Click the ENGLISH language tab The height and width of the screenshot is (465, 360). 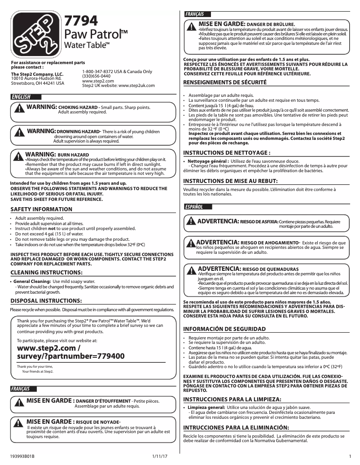[x=22, y=97]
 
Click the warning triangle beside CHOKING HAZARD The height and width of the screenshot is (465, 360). [x=20, y=109]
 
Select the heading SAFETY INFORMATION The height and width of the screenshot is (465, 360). [x=41, y=209]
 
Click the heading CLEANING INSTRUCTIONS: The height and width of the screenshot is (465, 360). [x=45, y=272]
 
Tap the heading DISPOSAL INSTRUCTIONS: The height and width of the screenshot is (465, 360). [x=46, y=300]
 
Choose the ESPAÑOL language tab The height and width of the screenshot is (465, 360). [x=194, y=207]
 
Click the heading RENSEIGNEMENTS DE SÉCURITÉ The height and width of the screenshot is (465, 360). [x=225, y=83]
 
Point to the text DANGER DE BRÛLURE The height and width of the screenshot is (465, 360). [x=271, y=24]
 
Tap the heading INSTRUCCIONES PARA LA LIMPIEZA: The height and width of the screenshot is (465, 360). [x=232, y=399]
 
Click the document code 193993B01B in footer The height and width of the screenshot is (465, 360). [x=22, y=456]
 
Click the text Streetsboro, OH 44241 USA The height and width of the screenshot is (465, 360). [x=37, y=83]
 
